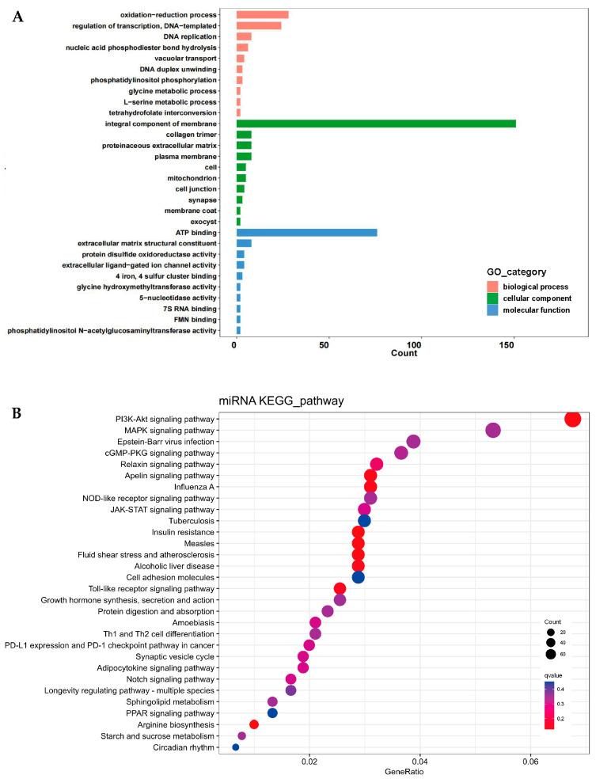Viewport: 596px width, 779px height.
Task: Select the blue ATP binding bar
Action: click(306, 232)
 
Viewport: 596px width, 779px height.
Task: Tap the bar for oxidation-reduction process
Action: click(262, 15)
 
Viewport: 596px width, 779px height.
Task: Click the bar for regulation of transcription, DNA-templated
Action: click(259, 25)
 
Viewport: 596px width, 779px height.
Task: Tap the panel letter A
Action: click(18, 16)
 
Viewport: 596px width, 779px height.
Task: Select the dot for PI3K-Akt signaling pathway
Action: click(573, 419)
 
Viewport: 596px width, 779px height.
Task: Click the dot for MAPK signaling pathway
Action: click(493, 430)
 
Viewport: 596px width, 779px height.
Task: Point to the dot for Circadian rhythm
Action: click(235, 747)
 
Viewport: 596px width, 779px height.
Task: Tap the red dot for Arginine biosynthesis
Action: click(254, 724)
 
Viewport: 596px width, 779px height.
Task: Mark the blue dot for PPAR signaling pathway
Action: click(272, 712)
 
